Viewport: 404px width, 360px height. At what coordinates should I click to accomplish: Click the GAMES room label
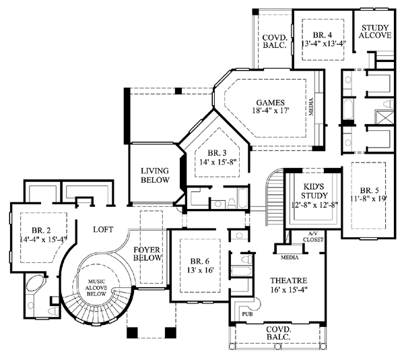coord(270,102)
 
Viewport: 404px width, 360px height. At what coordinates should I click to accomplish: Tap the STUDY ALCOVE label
coord(375,32)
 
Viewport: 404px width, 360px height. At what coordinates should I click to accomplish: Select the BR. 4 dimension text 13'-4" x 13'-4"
coord(323,43)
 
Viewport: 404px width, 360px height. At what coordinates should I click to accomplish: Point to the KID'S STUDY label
coord(314,191)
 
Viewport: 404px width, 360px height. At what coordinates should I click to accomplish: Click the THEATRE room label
coord(288,280)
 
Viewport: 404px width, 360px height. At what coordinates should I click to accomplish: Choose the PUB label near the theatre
coord(247,314)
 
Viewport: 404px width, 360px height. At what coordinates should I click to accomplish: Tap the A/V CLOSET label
coord(313,237)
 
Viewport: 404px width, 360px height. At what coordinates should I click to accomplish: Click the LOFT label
coord(103,229)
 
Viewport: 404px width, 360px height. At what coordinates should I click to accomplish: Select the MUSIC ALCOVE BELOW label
coord(96,288)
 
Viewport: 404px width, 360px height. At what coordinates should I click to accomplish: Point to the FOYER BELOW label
coord(147,253)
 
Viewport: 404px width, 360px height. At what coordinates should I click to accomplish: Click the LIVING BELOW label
coord(155,175)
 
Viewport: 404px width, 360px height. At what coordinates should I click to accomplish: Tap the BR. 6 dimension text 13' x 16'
coord(200,270)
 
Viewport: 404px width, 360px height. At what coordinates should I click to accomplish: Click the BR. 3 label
coord(217,153)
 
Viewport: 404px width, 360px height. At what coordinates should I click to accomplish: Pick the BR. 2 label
coord(41,230)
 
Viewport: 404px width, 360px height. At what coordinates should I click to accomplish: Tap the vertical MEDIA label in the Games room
coord(311,107)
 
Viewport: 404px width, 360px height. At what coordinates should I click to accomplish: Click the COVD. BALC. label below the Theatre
coord(278,333)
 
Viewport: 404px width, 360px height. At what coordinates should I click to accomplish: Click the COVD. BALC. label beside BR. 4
coord(275,42)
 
